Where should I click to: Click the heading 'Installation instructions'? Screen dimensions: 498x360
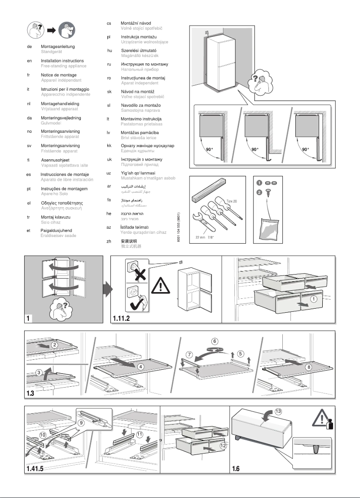[x=62, y=61]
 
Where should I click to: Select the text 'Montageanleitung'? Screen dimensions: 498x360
[x=57, y=46]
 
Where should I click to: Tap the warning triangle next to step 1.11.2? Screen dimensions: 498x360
[x=159, y=285]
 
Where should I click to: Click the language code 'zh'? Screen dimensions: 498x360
[x=109, y=241]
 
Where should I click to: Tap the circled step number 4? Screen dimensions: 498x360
[x=141, y=366]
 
